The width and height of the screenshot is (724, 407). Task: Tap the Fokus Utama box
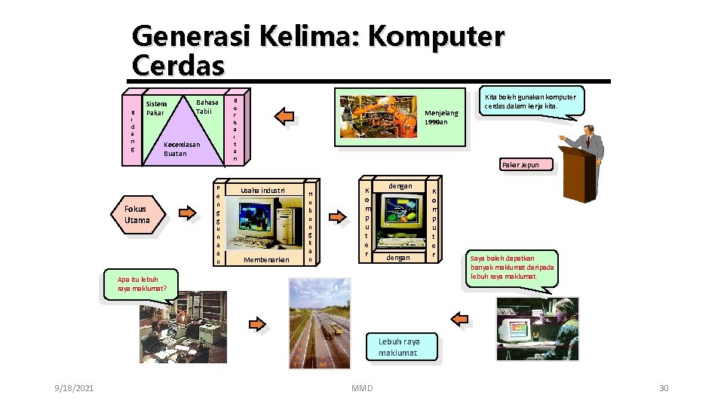coord(137,214)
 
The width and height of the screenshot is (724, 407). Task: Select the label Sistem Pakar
coord(155,108)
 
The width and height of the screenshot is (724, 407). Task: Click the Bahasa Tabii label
coord(206,106)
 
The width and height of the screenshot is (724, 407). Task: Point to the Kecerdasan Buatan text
coord(181,148)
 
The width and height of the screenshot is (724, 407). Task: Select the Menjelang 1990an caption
coord(441,117)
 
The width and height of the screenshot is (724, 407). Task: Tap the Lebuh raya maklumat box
coord(399,347)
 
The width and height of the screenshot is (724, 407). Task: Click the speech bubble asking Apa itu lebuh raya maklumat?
coord(137,283)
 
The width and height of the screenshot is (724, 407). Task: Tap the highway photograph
coord(320,323)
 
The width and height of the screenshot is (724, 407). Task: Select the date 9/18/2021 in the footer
coord(74,387)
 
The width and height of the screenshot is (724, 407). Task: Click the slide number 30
coord(664,387)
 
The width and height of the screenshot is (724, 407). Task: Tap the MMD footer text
coord(362,387)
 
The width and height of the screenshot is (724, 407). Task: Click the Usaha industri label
coord(262,190)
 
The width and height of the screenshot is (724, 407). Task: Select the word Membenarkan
coord(267,260)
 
